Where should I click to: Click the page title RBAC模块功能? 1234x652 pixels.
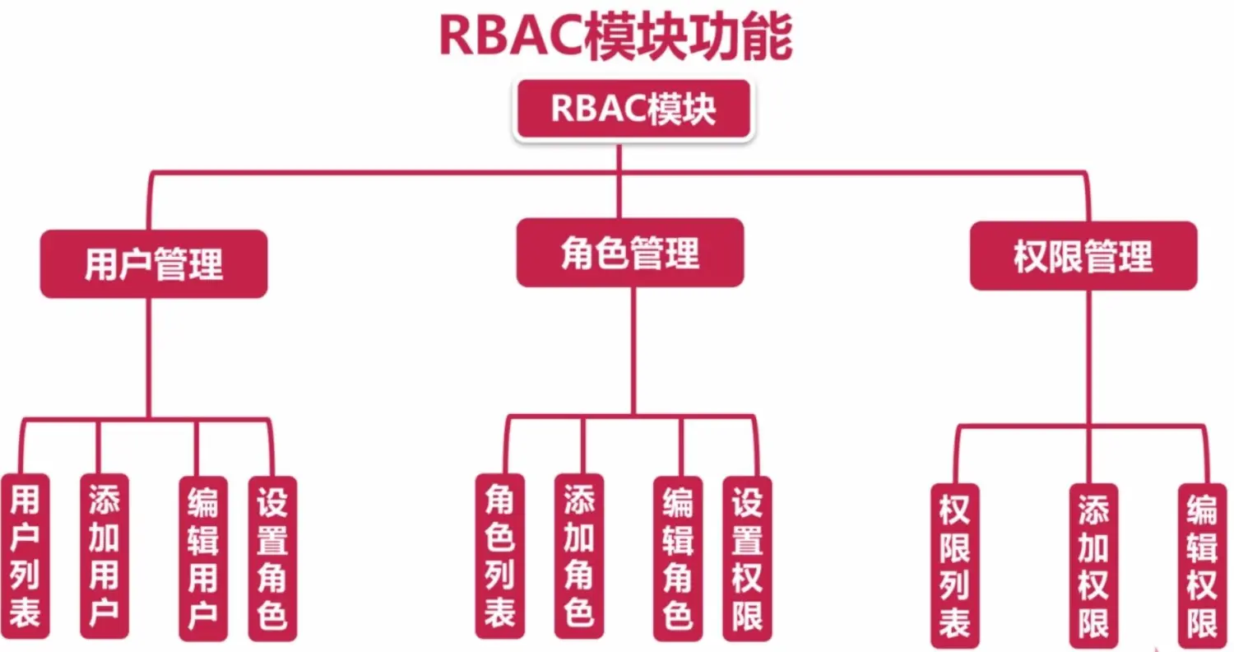click(616, 37)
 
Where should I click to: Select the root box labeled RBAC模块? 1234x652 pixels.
click(633, 109)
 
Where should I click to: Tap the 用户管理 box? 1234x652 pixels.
click(154, 263)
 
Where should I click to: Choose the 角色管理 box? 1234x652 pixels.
click(630, 252)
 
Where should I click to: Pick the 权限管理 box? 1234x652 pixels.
click(1083, 256)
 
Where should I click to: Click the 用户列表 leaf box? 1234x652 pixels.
click(25, 557)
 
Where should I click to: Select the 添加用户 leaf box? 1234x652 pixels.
click(104, 557)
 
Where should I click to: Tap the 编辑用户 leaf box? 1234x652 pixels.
click(202, 558)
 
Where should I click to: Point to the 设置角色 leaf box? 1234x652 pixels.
click(272, 558)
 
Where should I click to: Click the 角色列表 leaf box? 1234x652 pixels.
click(499, 557)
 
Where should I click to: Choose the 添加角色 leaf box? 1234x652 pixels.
click(579, 557)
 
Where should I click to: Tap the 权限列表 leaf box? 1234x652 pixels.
click(955, 565)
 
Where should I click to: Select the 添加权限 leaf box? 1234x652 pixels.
click(1094, 565)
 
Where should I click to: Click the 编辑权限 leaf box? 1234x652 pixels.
click(1201, 565)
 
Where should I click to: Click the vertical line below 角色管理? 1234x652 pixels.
click(633, 350)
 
